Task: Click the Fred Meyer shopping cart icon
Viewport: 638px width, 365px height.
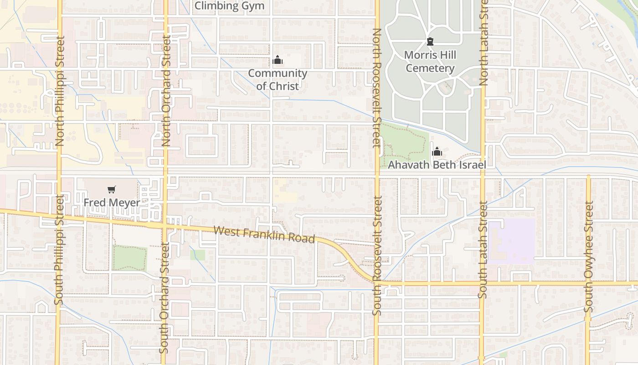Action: [112, 189]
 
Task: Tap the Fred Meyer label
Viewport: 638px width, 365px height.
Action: [112, 202]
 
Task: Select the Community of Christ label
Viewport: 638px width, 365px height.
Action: [278, 79]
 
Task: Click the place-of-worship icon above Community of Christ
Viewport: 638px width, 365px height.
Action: [278, 60]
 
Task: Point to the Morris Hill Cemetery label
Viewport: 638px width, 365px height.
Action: [430, 62]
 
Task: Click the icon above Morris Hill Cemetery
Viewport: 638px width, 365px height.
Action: [430, 42]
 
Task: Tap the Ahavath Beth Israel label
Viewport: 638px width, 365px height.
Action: [437, 165]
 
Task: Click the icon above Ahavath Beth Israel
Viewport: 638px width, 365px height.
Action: [437, 151]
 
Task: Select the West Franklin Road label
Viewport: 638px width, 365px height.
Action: [264, 235]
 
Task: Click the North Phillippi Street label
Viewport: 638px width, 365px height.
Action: [60, 91]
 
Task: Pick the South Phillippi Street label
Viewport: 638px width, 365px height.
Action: [58, 250]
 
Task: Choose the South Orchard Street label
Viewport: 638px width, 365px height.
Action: [165, 297]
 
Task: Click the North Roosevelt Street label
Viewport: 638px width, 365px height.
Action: [376, 89]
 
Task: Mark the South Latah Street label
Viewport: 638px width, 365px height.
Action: [483, 250]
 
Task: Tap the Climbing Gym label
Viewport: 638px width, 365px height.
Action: [229, 6]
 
